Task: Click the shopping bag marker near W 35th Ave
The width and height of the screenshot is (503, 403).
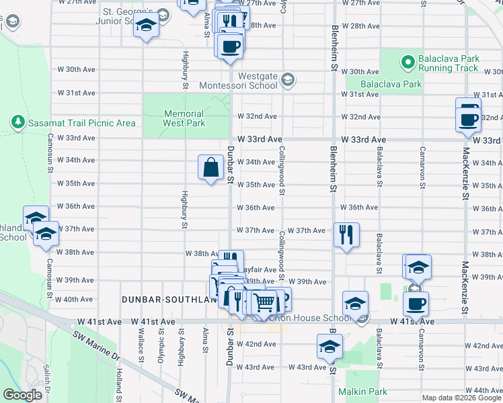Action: (211, 167)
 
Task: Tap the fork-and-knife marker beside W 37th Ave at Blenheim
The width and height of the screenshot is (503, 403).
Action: (346, 235)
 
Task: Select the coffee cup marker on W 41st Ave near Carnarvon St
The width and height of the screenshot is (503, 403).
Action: (416, 304)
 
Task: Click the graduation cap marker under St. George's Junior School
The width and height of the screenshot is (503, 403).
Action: (145, 27)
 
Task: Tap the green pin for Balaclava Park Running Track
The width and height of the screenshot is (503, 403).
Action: (407, 63)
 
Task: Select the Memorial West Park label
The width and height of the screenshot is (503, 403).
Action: (184, 119)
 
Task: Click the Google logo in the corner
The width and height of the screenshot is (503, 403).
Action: (22, 395)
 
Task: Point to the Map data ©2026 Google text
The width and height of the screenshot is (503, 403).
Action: (461, 398)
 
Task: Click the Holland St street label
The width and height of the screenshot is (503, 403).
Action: (118, 380)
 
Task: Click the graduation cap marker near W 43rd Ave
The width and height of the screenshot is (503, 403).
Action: (330, 347)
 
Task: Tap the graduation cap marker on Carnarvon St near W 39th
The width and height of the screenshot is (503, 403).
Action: (418, 267)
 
